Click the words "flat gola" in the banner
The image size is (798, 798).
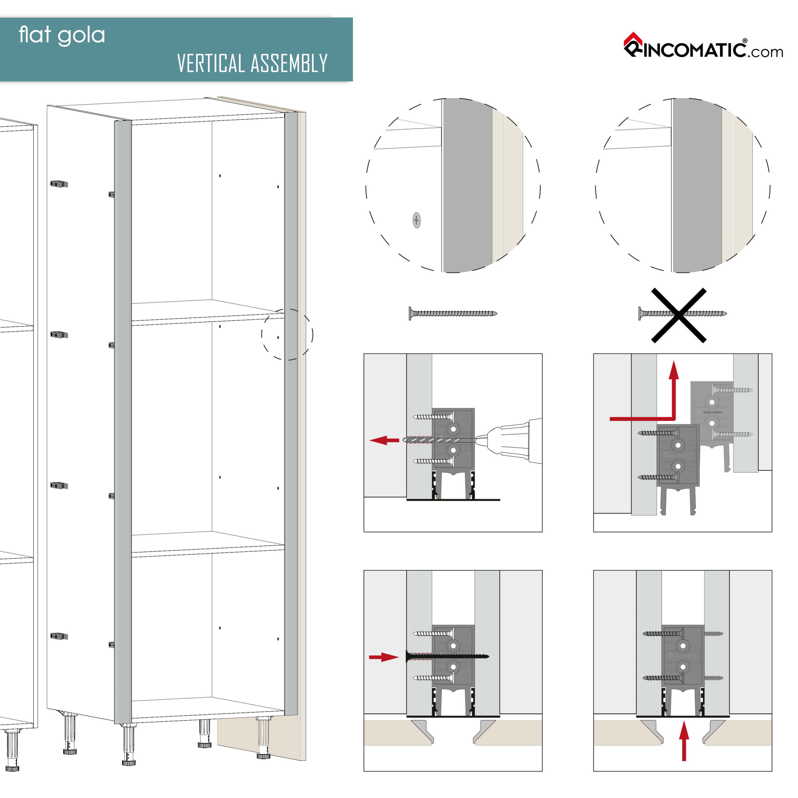pos(62,36)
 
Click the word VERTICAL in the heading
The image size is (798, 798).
pos(210,64)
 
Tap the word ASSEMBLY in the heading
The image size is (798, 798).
pos(289,64)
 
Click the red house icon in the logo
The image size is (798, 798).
pos(632,40)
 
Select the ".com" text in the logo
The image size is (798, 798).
pos(766,52)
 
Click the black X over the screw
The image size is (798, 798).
pos(679,316)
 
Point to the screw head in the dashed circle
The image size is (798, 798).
pos(416,220)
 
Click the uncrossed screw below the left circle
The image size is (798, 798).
pos(453,313)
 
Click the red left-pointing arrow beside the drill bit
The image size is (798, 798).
pos(384,440)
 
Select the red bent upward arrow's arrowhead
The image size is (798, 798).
pos(674,369)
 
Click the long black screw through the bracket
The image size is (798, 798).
pos(448,657)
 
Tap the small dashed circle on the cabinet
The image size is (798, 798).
pos(287,334)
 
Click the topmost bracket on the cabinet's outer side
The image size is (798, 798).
pos(59,184)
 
